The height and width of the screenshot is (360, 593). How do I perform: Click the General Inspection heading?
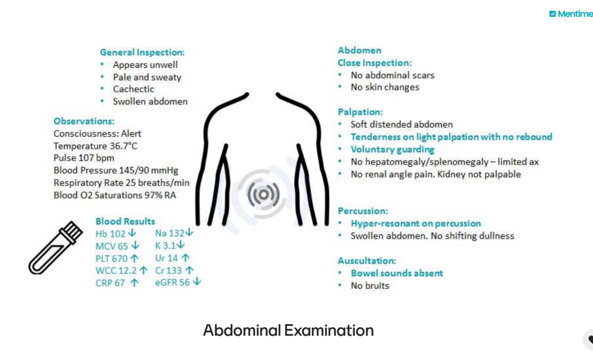point(142,52)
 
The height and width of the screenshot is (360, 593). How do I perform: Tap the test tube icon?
point(56,248)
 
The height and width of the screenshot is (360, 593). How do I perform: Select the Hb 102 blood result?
point(111,233)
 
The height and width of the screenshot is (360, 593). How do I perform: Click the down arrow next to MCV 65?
point(136,245)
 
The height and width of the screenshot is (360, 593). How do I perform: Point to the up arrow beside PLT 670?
point(135,258)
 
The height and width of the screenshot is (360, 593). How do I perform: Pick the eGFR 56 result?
point(172,282)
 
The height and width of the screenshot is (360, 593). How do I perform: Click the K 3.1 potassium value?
point(165,245)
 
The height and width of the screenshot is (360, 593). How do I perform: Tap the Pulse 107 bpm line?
point(84,158)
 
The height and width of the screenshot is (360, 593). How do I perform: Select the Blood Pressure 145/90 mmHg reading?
point(116,170)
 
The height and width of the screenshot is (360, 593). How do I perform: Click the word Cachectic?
point(133,89)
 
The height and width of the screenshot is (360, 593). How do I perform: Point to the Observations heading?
point(84,121)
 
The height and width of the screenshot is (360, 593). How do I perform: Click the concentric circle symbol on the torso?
point(264,194)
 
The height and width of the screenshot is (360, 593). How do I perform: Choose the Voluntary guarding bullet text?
point(392,149)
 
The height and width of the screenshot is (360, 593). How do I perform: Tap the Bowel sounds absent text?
point(397,273)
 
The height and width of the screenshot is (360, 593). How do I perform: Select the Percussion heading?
point(363,211)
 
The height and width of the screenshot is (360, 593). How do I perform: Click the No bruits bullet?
point(369,285)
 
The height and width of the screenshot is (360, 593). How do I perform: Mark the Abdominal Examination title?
point(288,331)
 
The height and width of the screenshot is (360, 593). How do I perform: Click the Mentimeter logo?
point(571,14)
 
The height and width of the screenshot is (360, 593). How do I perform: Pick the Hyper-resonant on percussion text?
point(415,223)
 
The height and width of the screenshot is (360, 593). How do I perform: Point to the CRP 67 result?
point(110,283)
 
